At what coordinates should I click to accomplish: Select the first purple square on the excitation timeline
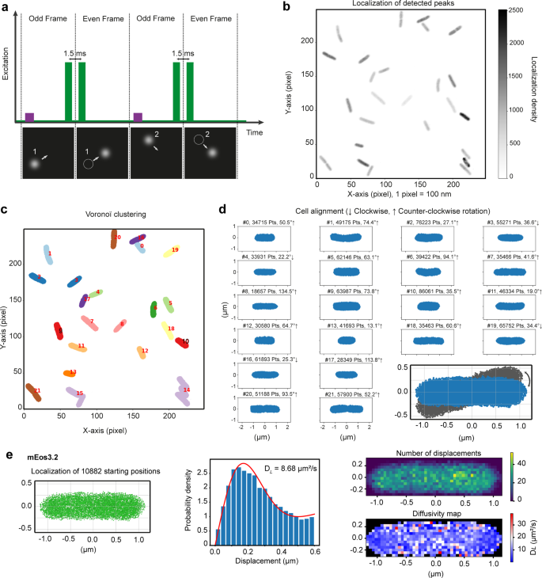[x=30, y=117]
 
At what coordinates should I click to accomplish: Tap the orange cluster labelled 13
[x=69, y=372]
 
